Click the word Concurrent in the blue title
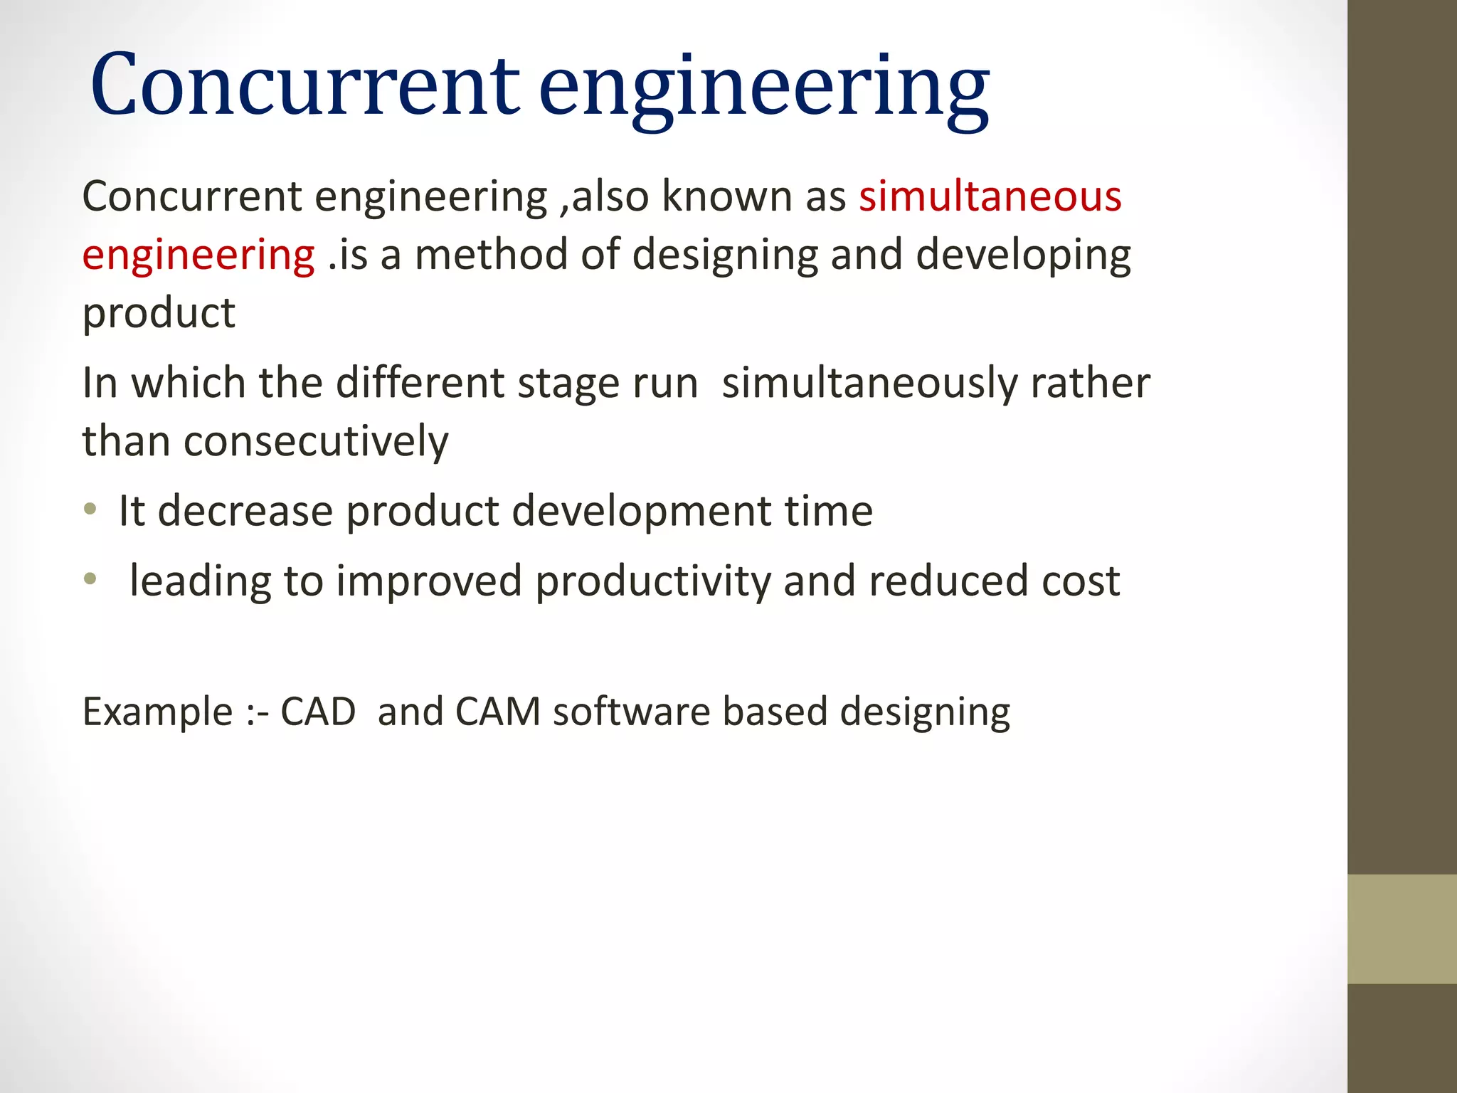(305, 86)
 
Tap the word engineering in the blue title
(763, 89)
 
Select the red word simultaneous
(990, 196)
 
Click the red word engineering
(198, 256)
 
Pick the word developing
(1022, 256)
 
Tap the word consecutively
(316, 442)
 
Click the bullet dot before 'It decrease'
(90, 509)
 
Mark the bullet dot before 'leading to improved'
(90, 579)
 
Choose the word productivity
(652, 582)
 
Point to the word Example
(157, 712)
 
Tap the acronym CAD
(318, 712)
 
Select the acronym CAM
(497, 712)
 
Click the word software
(631, 712)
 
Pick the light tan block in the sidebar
(1402, 929)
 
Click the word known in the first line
(726, 196)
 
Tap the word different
(420, 384)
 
